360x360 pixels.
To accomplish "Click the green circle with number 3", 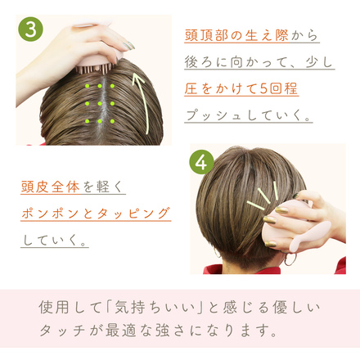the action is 30,29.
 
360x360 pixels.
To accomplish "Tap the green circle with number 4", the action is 202,163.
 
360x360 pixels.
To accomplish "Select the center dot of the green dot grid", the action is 100,104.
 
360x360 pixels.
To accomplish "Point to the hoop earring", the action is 290,259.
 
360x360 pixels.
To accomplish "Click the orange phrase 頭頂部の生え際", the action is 236,35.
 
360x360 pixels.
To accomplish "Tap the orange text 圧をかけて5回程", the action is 241,88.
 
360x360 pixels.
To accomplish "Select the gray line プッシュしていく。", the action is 248,115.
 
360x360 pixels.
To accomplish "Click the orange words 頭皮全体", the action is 50,187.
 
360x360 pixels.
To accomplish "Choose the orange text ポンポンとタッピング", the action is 96,214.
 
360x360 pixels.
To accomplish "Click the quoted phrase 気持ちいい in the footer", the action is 155,308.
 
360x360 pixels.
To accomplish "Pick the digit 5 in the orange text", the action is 263,88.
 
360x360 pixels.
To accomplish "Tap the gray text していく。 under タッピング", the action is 55,240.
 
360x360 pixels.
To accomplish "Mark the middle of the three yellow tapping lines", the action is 264,196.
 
